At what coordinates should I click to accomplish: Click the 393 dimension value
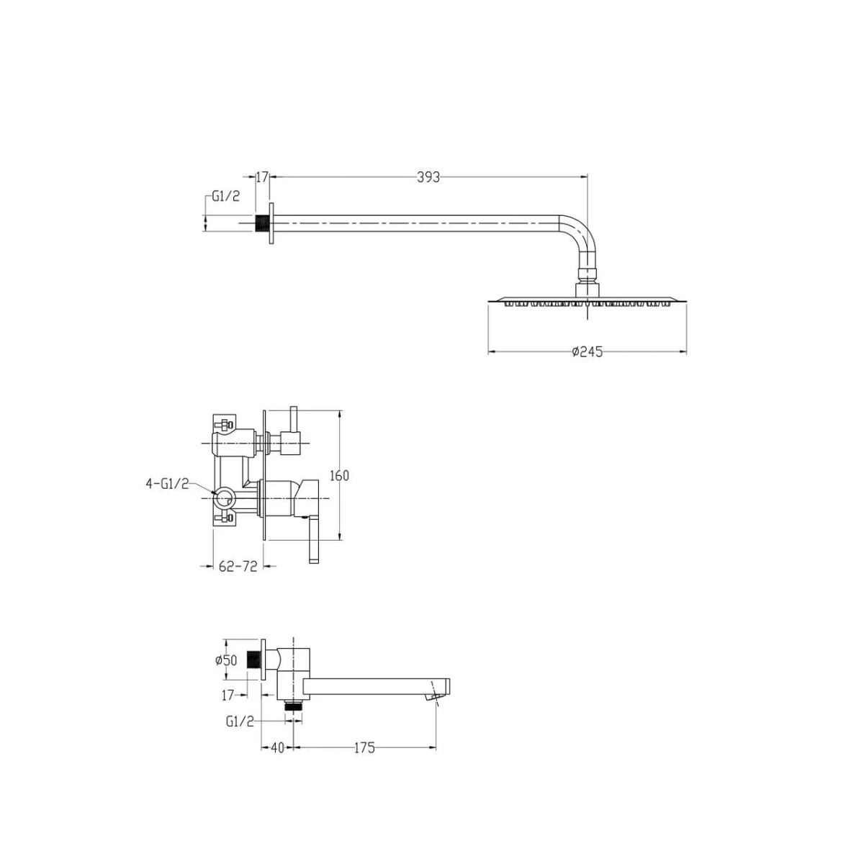tap(428, 178)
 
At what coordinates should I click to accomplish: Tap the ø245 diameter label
tap(588, 351)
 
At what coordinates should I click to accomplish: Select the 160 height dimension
tap(339, 475)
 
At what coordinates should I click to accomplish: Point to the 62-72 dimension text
tap(238, 567)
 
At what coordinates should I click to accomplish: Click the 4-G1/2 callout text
tap(167, 483)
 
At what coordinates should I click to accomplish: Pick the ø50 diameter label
tap(226, 660)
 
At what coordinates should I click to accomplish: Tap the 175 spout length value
tap(364, 748)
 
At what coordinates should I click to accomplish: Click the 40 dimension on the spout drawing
tap(278, 748)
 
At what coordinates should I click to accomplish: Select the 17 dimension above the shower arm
tap(262, 178)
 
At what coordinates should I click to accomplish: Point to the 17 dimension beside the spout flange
tap(228, 695)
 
